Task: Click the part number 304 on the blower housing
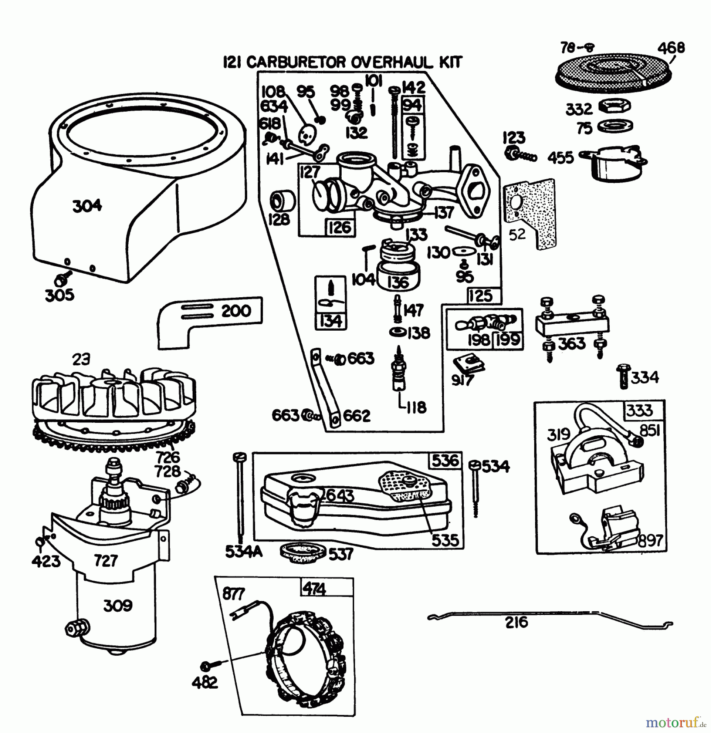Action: point(87,206)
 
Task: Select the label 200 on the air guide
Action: point(236,311)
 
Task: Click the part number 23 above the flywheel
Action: point(81,360)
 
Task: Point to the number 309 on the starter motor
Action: point(118,606)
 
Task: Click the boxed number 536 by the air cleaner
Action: point(445,461)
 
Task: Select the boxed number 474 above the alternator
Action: point(314,589)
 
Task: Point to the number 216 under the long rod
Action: point(516,634)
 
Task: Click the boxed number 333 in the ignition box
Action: point(639,410)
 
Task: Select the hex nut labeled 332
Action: point(615,106)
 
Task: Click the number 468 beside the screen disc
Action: point(671,48)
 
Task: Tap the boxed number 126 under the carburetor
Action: point(340,227)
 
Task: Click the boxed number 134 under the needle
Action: point(330,321)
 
